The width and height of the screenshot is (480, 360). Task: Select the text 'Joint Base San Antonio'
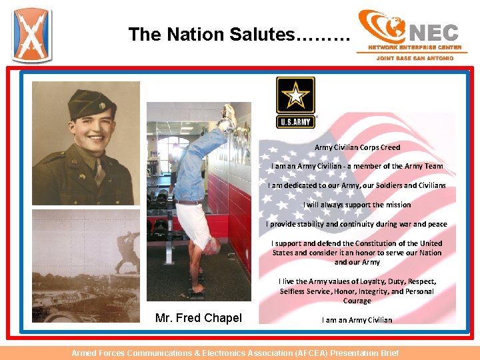click(x=415, y=58)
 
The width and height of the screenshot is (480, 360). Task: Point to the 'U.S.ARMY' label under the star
click(x=295, y=122)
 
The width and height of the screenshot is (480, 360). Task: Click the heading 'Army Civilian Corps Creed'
click(x=357, y=147)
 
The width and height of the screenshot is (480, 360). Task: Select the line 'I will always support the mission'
click(x=357, y=205)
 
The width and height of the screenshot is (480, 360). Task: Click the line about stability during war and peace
click(x=357, y=224)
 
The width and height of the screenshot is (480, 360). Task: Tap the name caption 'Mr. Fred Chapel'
click(x=198, y=318)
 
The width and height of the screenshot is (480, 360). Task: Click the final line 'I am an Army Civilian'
click(x=357, y=320)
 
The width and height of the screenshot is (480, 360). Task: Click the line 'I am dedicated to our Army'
click(x=357, y=185)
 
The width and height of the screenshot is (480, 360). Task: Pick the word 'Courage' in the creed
click(x=357, y=301)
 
